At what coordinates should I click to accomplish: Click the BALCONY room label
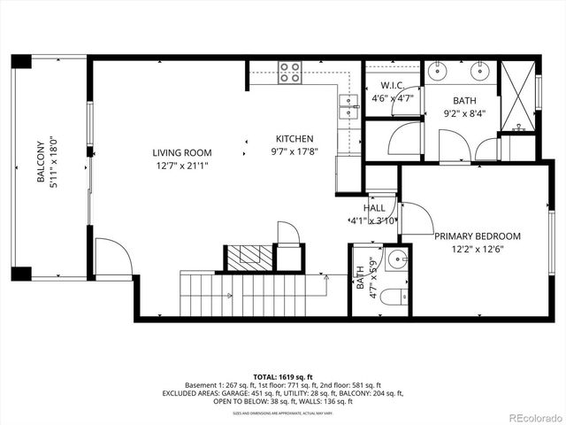click(x=40, y=161)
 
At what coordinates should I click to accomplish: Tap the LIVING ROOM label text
click(x=181, y=152)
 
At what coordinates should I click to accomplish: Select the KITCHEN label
click(x=294, y=139)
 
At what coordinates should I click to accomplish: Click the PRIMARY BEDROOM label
click(x=477, y=236)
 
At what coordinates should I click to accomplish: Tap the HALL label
click(x=374, y=207)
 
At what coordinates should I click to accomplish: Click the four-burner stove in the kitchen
click(x=289, y=72)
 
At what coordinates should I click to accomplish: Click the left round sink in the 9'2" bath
click(x=439, y=72)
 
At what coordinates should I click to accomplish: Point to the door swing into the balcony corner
click(x=112, y=257)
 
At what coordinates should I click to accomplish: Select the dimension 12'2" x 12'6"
click(x=477, y=250)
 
